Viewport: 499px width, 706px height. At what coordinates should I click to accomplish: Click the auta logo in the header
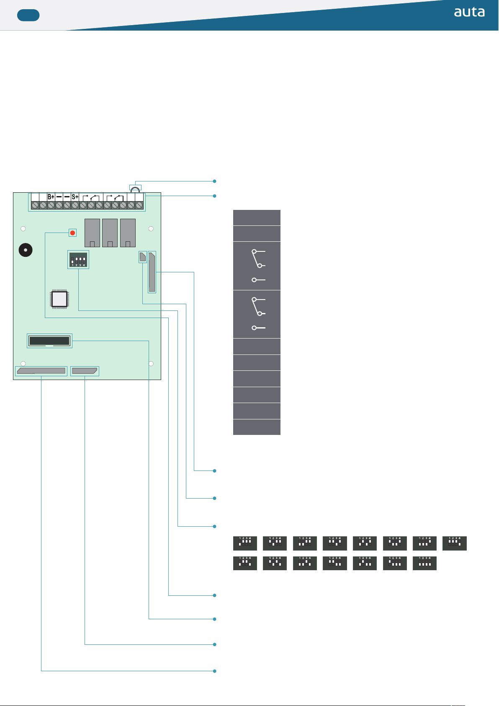(x=469, y=12)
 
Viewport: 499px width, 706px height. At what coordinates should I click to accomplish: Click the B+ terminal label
(x=51, y=197)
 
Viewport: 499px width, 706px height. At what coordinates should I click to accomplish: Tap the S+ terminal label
(x=75, y=197)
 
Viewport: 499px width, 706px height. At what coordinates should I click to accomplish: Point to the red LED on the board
(x=72, y=233)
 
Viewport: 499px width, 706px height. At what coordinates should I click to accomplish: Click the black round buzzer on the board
(x=26, y=250)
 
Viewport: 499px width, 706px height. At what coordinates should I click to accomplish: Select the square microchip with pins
(x=59, y=299)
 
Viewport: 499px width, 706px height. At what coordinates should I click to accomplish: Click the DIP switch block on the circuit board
(x=78, y=260)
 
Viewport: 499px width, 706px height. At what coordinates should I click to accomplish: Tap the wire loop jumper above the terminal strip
(x=135, y=189)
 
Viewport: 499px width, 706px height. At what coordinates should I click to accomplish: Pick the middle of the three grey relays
(x=110, y=233)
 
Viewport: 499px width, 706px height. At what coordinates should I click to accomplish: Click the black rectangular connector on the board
(x=49, y=341)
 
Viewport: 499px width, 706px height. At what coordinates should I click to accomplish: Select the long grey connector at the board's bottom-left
(x=41, y=371)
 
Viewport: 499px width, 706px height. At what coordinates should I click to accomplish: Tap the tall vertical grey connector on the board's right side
(x=152, y=272)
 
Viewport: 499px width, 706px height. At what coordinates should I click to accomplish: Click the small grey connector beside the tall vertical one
(x=143, y=257)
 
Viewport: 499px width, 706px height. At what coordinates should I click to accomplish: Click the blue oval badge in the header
(x=28, y=16)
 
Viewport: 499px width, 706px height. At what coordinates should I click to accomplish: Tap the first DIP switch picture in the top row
(x=245, y=543)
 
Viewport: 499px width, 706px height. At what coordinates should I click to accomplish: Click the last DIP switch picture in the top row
(x=454, y=543)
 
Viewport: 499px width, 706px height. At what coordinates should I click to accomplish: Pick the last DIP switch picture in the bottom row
(x=424, y=563)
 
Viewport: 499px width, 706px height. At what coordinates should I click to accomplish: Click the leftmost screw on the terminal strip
(x=35, y=205)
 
